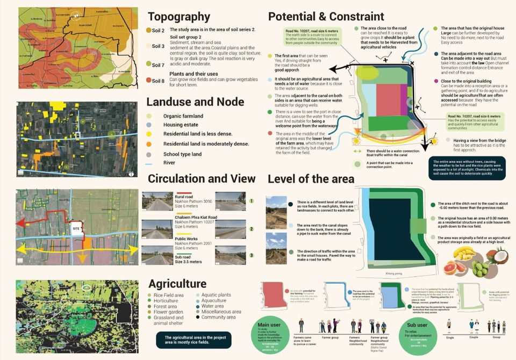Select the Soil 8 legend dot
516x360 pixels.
click(x=149, y=80)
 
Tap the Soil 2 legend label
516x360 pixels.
click(x=158, y=30)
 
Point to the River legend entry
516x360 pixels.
click(x=169, y=162)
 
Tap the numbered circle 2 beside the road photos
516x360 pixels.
click(x=250, y=229)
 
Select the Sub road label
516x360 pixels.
click(x=184, y=257)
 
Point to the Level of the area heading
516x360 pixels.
click(x=311, y=179)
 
